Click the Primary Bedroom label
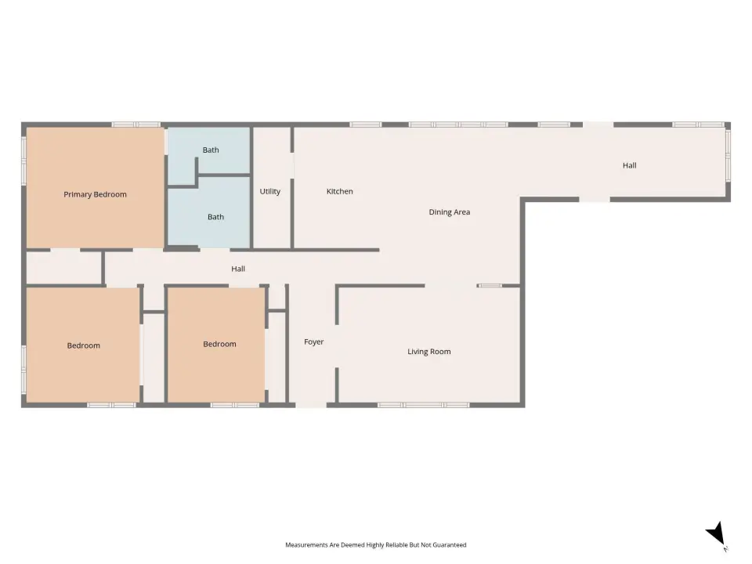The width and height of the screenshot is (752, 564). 95,194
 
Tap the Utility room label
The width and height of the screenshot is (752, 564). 270,191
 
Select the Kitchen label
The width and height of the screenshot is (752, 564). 339,191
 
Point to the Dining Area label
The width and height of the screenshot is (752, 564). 450,212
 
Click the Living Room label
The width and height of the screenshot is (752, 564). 429,352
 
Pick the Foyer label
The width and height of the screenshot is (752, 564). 313,342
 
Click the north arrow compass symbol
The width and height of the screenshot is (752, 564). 717,536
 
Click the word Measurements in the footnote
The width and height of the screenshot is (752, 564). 307,545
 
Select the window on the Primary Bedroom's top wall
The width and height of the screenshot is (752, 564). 136,125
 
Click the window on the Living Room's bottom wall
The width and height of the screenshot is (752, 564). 424,405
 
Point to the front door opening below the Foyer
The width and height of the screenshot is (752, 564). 311,405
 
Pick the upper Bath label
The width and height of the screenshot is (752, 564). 211,150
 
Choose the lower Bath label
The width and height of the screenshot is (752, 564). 216,217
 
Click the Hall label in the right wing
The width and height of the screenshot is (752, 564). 630,165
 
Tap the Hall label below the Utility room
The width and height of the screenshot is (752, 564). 238,269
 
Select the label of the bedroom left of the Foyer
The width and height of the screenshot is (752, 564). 219,344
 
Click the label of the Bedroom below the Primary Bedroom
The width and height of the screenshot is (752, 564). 84,345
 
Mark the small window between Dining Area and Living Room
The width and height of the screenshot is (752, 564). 490,286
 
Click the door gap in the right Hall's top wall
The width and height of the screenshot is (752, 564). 598,125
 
